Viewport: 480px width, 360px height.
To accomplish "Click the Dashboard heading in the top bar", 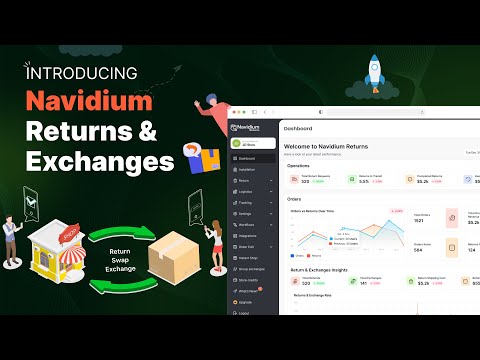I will point(299,129).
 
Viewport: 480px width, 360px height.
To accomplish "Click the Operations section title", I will point(298,168).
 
